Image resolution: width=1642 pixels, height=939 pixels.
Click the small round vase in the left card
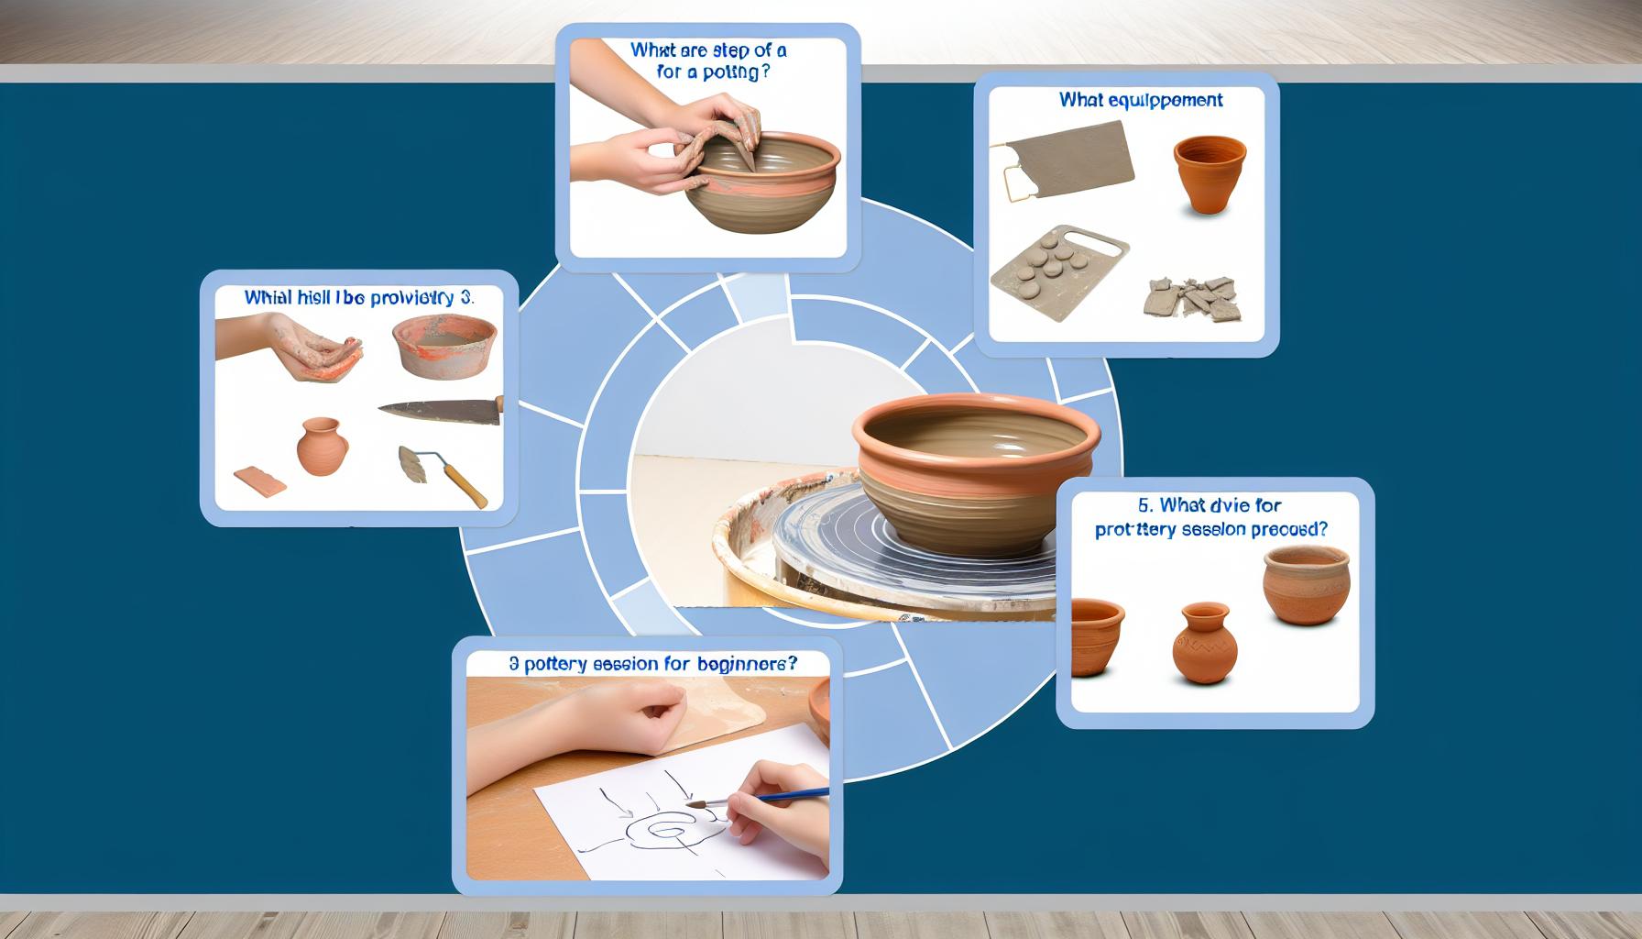click(323, 447)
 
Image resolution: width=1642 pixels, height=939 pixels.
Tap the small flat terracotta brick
click(260, 481)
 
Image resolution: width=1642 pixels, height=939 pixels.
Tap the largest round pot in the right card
click(1305, 585)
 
